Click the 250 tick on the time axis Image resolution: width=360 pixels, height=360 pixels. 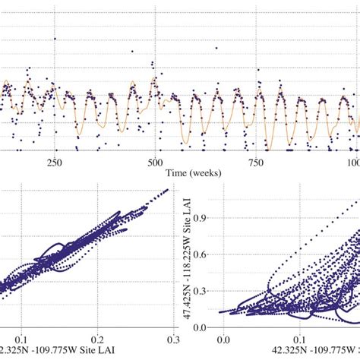54,163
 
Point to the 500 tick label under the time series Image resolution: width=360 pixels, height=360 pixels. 155,163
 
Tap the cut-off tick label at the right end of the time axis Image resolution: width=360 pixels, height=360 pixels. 353,163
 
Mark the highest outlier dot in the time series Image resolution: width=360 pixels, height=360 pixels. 55,39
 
